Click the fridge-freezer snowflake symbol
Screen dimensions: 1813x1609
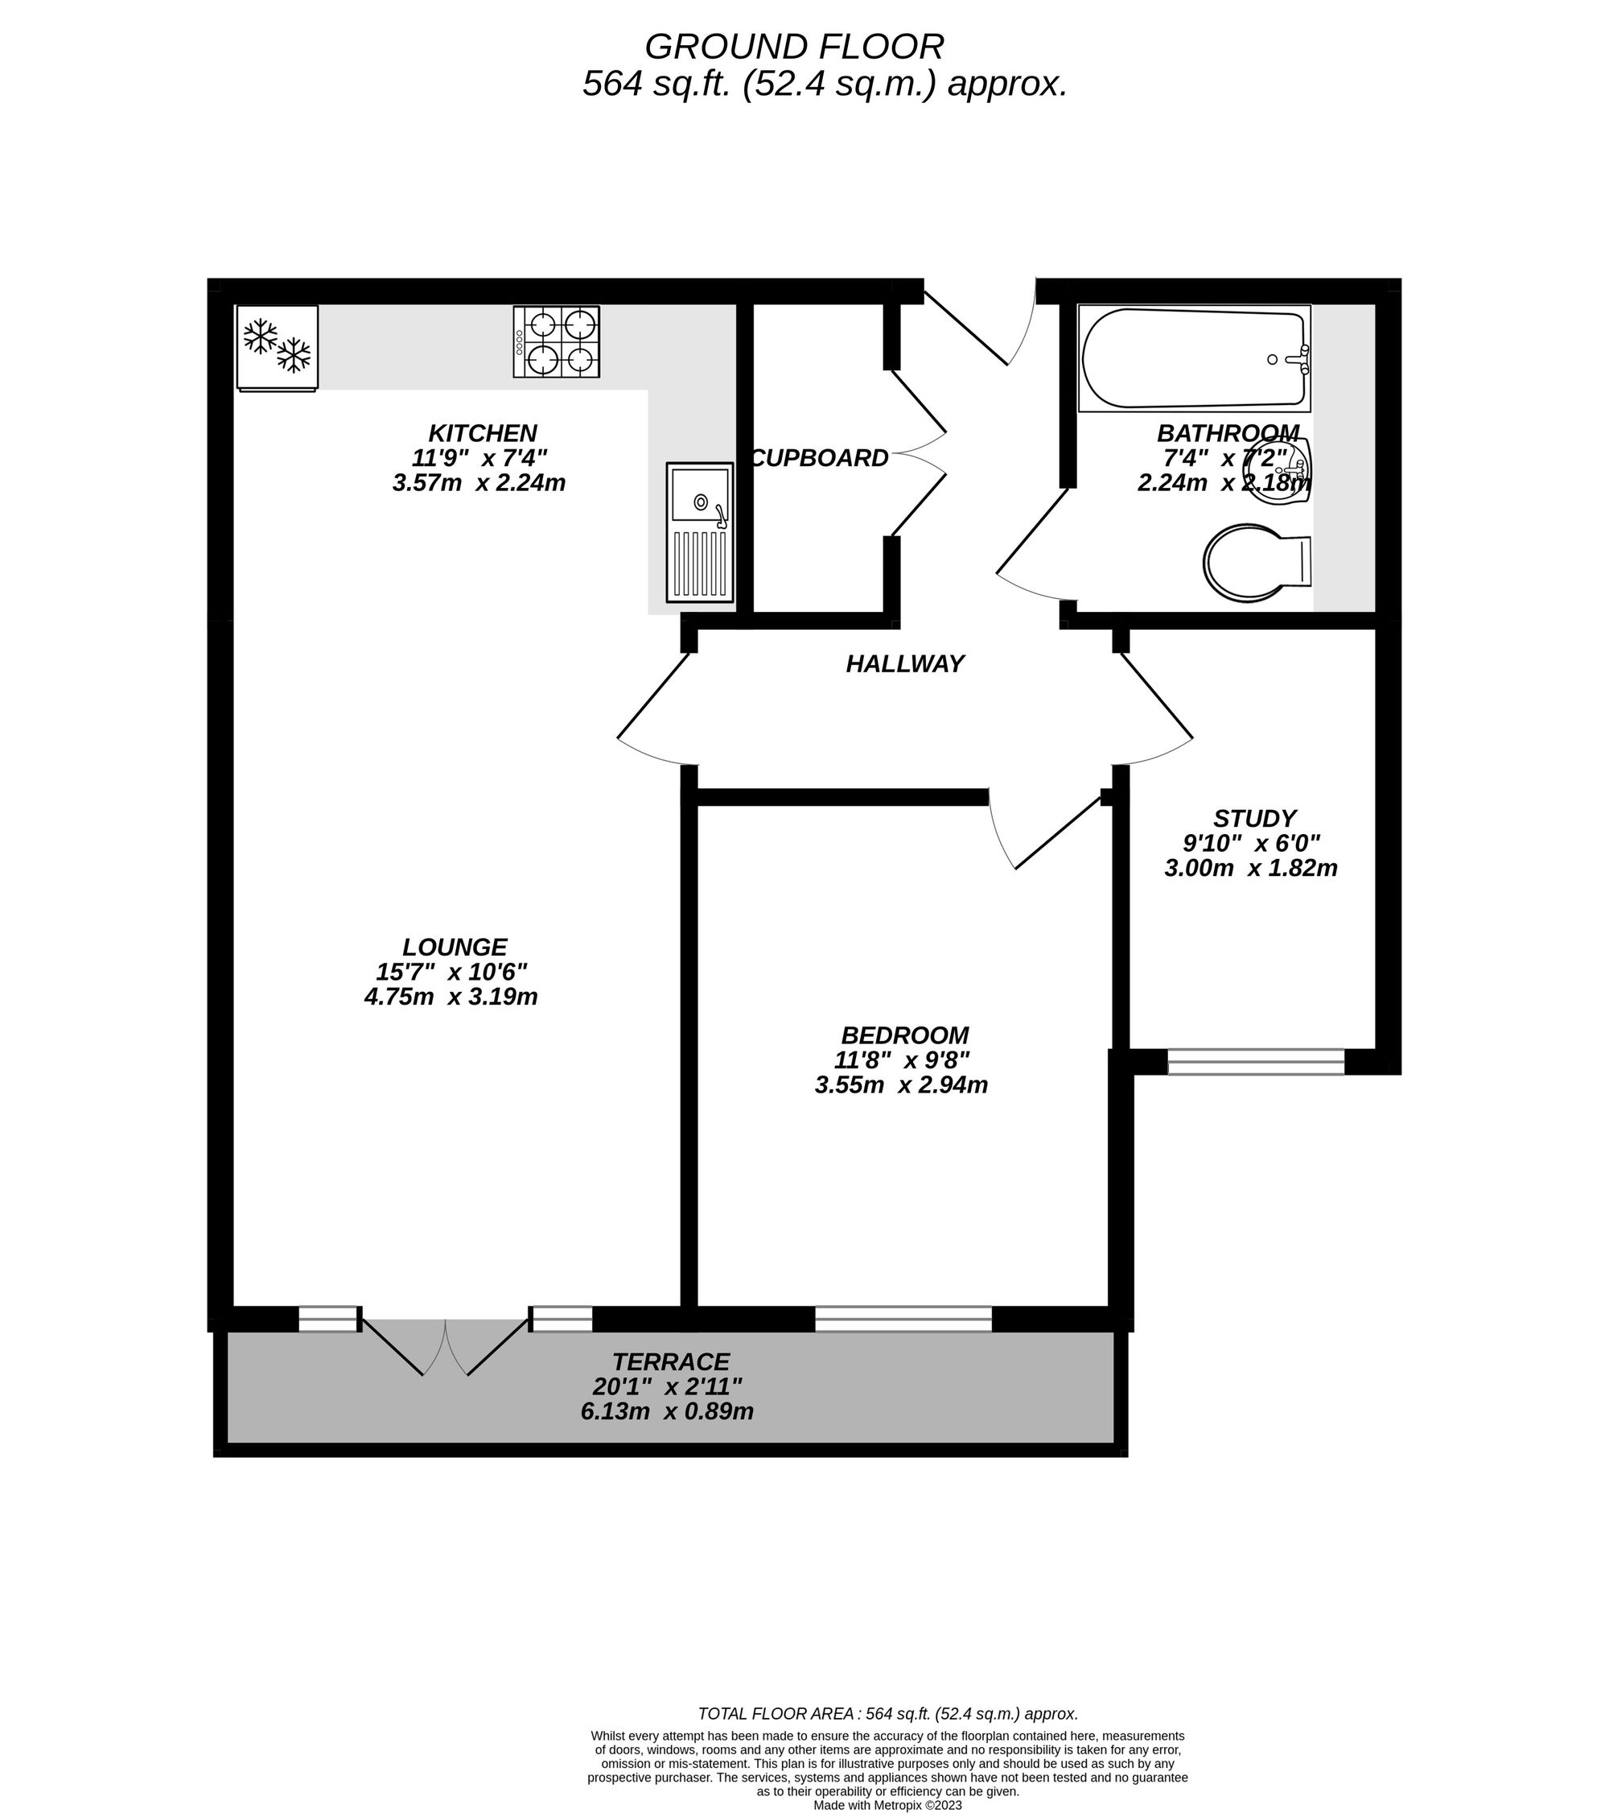point(278,347)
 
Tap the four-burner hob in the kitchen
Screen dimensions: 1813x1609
point(557,341)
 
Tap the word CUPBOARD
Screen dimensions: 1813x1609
point(819,458)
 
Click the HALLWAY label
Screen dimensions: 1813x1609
point(904,663)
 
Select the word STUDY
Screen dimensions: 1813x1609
point(1254,818)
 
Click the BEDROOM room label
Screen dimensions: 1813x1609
point(904,1035)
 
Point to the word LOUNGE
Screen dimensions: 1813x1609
point(455,947)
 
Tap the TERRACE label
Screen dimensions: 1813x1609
point(670,1361)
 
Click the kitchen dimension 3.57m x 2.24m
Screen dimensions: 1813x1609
point(479,483)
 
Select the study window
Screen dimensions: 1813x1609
point(1255,1062)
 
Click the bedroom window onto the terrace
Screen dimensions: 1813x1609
point(903,1319)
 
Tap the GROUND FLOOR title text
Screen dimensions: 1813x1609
point(793,46)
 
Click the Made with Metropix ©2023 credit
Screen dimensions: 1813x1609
point(887,1804)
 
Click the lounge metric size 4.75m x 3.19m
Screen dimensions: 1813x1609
point(451,997)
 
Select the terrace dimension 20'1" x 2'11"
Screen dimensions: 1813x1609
point(667,1386)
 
